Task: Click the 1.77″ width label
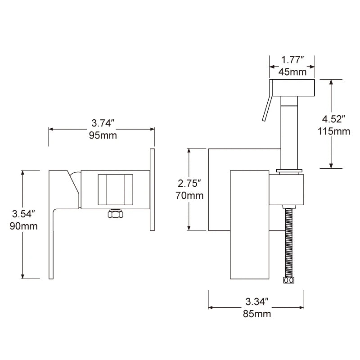tap(292, 59)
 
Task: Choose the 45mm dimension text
tap(292, 72)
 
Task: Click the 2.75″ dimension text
tap(189, 183)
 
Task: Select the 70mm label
tap(189, 196)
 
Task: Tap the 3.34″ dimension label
tap(257, 301)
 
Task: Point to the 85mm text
tap(257, 314)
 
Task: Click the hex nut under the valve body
tap(115, 214)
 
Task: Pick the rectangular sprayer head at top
tap(292, 87)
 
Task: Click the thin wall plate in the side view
tap(151, 189)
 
